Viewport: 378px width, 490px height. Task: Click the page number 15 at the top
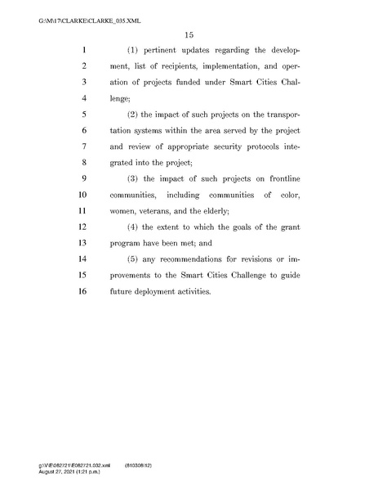(189, 34)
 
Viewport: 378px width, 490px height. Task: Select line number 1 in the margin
(84, 49)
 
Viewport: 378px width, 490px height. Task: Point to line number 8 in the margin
(84, 162)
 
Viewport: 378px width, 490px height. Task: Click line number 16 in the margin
(82, 290)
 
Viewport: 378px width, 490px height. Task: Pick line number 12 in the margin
(82, 226)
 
